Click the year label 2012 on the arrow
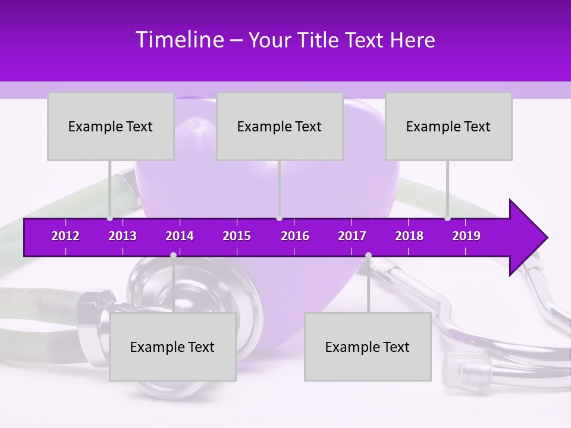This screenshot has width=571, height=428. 65,236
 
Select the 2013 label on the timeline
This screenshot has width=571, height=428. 123,236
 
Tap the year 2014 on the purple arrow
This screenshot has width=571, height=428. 180,236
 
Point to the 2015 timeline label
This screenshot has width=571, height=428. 237,236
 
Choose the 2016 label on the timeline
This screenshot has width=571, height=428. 295,236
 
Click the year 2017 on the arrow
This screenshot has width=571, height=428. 352,236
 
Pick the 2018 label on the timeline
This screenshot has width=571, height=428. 409,236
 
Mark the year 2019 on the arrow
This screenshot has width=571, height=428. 466,236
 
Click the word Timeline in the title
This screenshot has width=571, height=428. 179,40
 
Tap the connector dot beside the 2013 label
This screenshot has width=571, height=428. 110,218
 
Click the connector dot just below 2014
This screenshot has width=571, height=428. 173,255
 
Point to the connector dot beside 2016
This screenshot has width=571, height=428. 279,218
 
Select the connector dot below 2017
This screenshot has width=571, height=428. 368,255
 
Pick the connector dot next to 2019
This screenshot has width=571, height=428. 448,218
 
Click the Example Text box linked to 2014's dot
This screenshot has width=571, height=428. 172,347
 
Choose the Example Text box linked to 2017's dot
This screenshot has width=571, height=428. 368,347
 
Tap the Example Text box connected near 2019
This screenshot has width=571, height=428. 448,126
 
